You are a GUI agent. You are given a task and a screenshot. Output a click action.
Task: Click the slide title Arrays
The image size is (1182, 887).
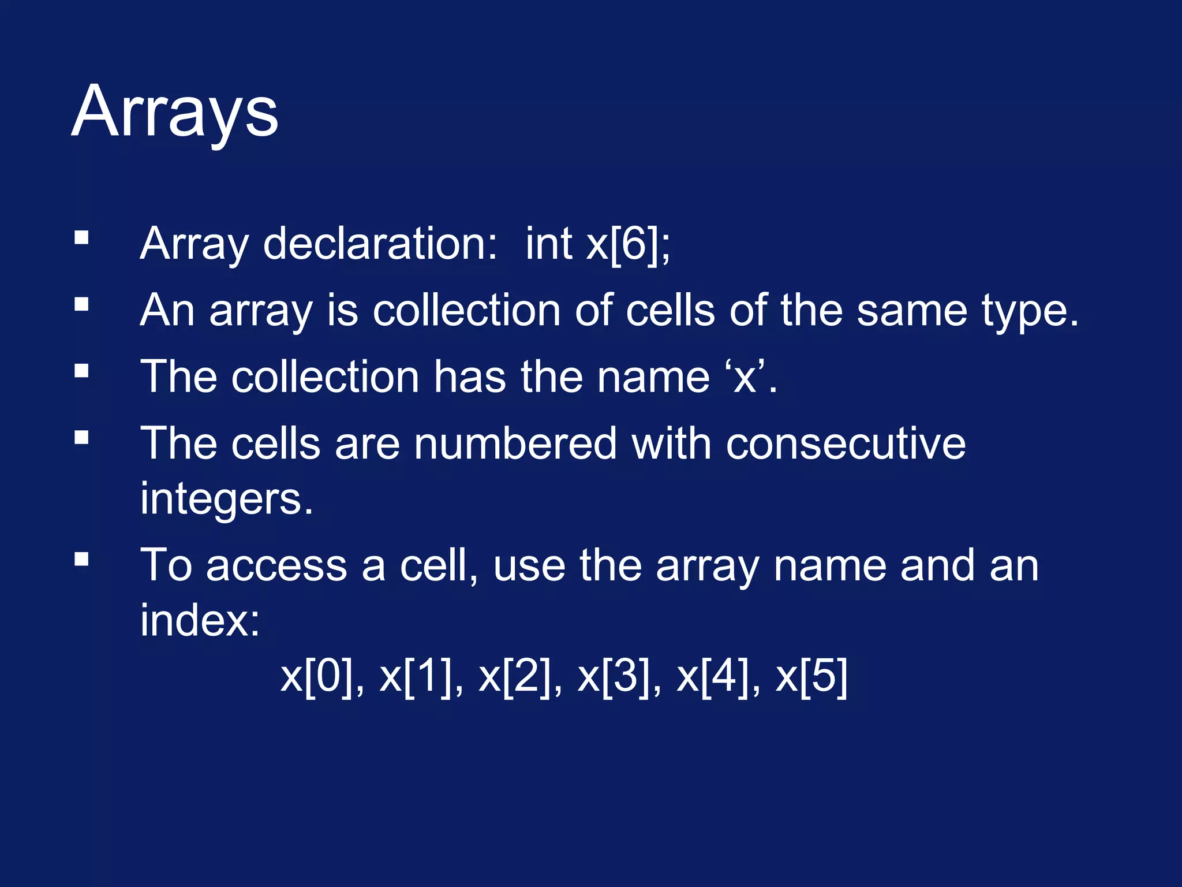(x=175, y=111)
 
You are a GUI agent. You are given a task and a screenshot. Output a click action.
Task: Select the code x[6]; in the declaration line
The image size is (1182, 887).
(x=628, y=244)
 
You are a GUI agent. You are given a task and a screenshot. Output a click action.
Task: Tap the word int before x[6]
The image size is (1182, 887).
(x=548, y=244)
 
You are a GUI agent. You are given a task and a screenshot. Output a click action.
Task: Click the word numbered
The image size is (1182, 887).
(x=515, y=443)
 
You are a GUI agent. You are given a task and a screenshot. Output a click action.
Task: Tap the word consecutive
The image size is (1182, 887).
(x=846, y=443)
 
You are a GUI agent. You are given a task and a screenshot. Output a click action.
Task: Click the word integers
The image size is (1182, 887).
(x=226, y=498)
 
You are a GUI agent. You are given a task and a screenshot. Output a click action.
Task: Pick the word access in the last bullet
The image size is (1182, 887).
(x=276, y=566)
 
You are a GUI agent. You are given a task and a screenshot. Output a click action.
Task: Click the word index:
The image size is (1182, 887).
(x=200, y=620)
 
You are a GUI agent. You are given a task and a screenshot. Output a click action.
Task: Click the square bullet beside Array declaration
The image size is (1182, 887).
(x=81, y=238)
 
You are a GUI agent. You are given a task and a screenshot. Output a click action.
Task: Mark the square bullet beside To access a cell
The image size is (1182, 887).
(x=81, y=559)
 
